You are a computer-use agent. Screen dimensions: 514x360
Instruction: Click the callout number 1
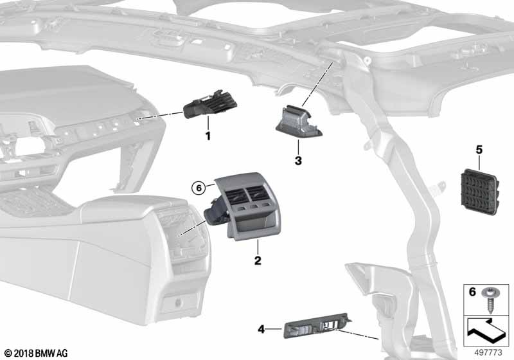click(208, 136)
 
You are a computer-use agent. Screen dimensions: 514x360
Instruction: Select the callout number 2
click(258, 260)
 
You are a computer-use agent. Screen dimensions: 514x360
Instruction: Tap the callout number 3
click(298, 161)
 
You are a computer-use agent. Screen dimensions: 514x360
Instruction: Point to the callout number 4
click(261, 329)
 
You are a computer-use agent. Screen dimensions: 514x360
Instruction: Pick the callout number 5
click(479, 150)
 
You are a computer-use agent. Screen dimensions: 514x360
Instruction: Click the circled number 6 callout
click(199, 188)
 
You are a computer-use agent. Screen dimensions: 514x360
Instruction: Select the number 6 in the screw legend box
click(472, 291)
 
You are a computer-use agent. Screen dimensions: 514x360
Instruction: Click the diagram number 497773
click(488, 352)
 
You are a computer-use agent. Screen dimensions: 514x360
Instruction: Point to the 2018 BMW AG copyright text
click(37, 354)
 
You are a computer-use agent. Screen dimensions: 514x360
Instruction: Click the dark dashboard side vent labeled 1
click(211, 104)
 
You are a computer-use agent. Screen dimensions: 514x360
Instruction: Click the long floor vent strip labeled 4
click(316, 324)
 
